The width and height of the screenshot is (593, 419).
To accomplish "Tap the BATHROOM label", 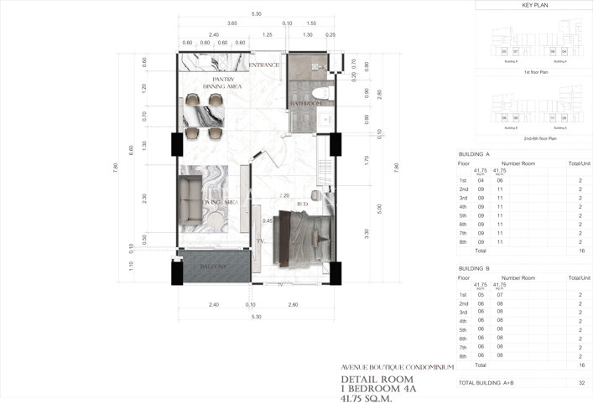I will (x=306, y=104).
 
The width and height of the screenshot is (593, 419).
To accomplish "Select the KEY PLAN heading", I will (x=534, y=5).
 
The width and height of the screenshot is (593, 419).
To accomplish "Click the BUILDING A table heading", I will (x=474, y=155).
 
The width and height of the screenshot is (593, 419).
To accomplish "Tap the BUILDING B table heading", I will (x=474, y=269).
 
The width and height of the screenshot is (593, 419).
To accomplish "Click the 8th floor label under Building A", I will (x=462, y=242).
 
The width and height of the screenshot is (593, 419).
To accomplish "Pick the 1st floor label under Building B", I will (x=462, y=294).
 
